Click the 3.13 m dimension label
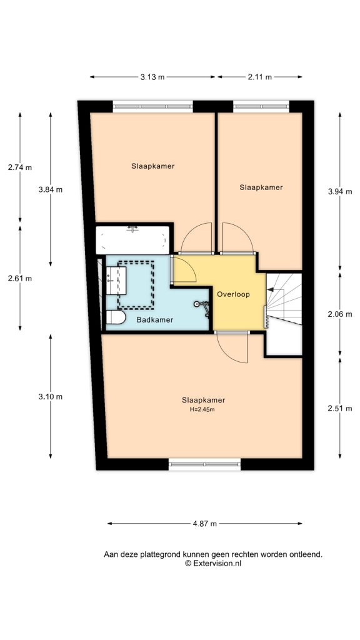[152, 77]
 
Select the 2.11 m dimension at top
[259, 77]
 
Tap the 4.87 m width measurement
[204, 523]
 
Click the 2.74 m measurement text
[19, 167]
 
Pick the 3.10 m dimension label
[50, 396]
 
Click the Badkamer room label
[155, 319]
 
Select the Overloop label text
[233, 294]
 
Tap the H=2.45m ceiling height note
[203, 410]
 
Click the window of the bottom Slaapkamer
[204, 464]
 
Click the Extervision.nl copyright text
[213, 563]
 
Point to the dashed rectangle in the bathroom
[136, 284]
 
